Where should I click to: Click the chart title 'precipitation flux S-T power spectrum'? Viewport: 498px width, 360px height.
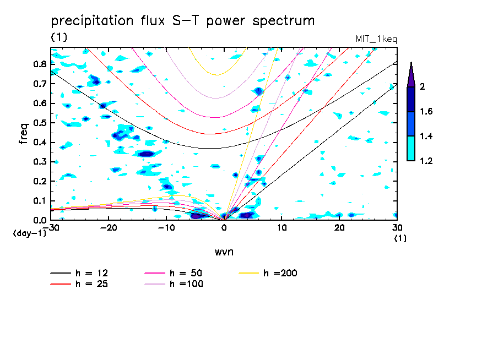[x=183, y=21]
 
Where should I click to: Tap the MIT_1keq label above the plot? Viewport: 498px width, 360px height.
[x=377, y=39]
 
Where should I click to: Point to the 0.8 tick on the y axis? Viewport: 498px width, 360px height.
[x=39, y=64]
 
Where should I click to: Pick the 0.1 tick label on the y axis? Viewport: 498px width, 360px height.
[x=39, y=201]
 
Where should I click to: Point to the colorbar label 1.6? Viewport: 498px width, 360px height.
[x=426, y=112]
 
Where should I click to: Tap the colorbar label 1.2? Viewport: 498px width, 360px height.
[x=426, y=161]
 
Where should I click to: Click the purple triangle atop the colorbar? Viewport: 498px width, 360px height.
[x=411, y=75]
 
